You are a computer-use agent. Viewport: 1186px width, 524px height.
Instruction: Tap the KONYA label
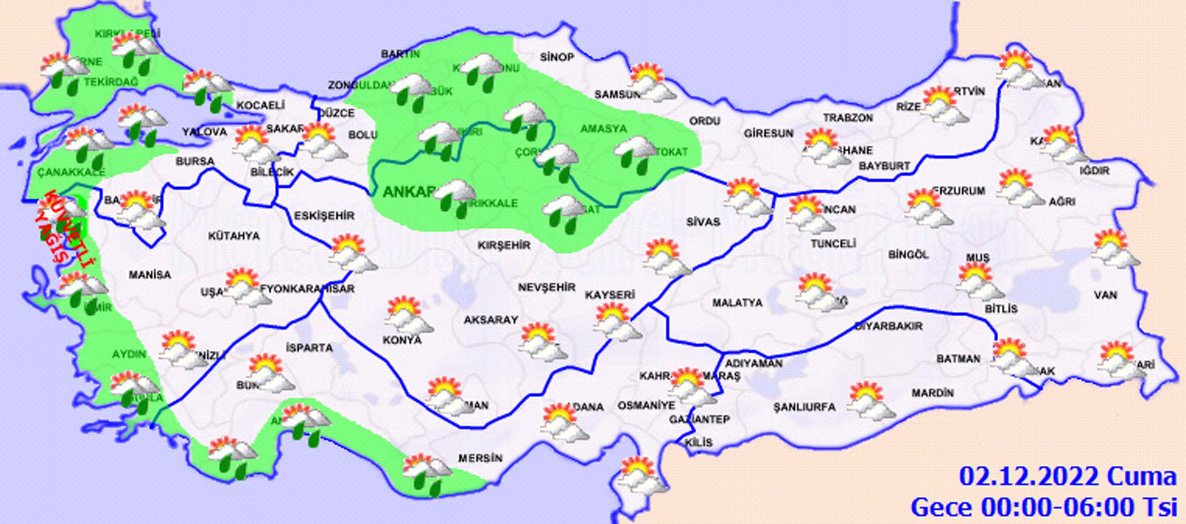402,340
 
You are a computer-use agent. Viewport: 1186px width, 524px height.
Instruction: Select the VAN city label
1106,295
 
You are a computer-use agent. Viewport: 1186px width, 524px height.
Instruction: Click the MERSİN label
480,458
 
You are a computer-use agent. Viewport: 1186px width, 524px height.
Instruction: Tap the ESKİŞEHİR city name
324,216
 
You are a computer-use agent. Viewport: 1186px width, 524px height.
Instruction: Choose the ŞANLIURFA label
804,407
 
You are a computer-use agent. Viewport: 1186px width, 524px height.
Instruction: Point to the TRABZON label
848,118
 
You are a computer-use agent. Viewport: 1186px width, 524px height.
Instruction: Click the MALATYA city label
737,303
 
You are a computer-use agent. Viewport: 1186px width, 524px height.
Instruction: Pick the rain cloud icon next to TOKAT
635,156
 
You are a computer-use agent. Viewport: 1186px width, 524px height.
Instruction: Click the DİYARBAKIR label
889,326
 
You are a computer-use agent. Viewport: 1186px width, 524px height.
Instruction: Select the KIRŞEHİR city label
504,245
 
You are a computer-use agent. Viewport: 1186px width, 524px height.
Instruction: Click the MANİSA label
149,275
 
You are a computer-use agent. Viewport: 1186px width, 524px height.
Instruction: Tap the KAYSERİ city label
610,295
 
